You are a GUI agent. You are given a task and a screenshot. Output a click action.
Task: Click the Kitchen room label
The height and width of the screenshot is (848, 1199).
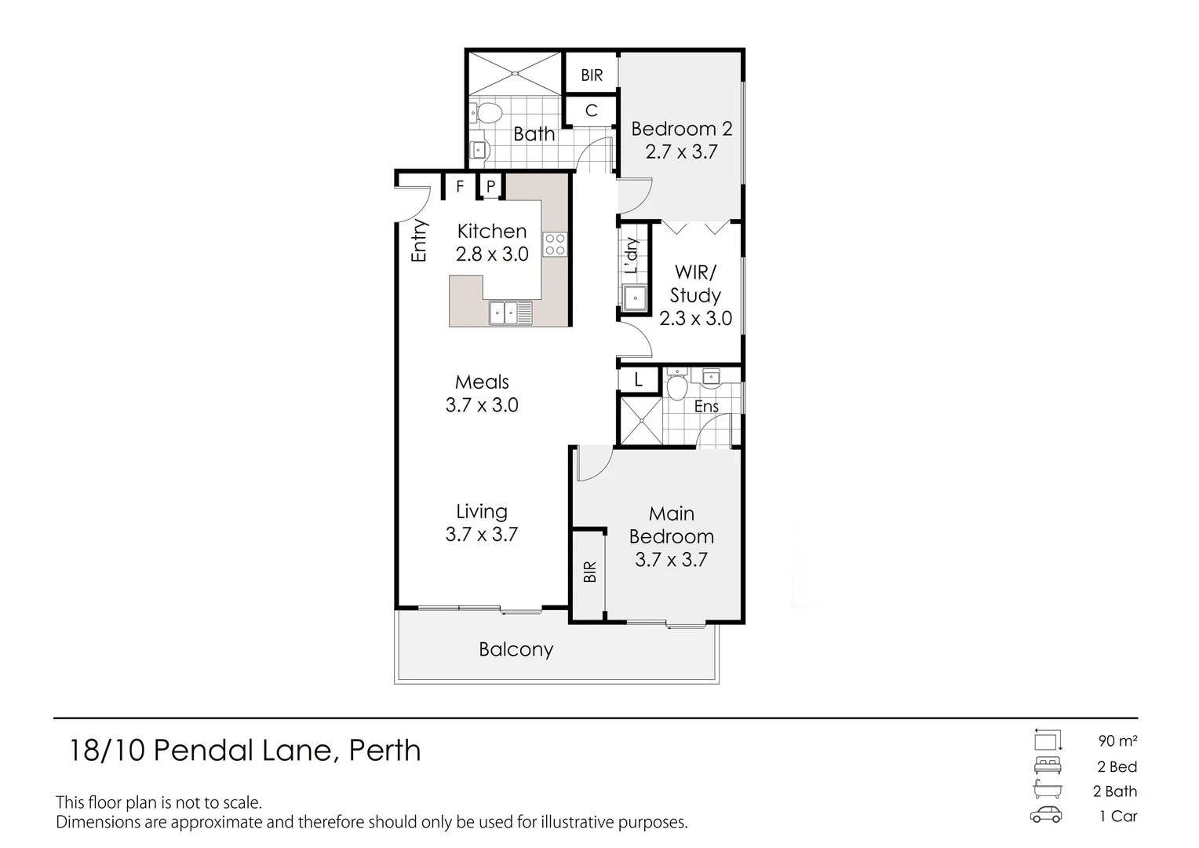[x=492, y=231]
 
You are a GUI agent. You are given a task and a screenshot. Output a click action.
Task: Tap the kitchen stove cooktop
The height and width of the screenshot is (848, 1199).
[x=556, y=244]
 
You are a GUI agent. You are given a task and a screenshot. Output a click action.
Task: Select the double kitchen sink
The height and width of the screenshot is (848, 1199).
[x=510, y=313]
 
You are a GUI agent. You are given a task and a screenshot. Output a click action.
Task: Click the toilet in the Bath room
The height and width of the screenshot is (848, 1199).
[x=487, y=115]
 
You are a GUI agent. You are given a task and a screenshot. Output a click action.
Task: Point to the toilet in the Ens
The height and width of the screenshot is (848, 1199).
[x=676, y=386]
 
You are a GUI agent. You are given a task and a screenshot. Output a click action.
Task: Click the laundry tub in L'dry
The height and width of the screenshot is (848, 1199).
[x=634, y=298]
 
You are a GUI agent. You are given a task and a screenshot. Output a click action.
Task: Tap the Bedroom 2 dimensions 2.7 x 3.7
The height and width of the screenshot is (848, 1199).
[x=681, y=152]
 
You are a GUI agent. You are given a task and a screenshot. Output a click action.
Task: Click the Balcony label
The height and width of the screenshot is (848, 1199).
[x=516, y=649]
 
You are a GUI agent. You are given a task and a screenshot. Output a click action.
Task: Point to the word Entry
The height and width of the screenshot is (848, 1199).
[x=420, y=240]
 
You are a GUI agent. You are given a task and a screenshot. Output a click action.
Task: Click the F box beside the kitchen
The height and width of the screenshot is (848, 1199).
[x=461, y=187]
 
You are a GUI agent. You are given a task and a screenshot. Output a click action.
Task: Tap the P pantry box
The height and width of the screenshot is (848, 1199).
[x=490, y=187]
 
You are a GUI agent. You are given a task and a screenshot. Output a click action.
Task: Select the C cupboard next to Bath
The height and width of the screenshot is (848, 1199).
[x=592, y=111]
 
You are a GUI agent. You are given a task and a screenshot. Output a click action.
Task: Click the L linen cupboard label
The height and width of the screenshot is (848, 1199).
[x=639, y=381]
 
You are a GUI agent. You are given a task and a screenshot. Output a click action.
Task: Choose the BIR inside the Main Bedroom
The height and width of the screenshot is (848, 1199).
[x=589, y=571]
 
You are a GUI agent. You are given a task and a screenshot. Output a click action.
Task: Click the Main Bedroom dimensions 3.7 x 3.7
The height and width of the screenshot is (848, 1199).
[x=671, y=559]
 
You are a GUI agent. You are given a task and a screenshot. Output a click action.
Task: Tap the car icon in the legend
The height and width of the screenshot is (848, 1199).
[x=1046, y=815]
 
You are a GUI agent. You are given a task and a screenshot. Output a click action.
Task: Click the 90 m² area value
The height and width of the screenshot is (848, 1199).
[x=1117, y=740]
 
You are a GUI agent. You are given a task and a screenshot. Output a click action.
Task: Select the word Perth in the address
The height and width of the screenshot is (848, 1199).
[x=384, y=751]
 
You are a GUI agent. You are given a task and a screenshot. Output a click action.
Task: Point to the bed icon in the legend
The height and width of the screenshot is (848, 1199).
[x=1047, y=766]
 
